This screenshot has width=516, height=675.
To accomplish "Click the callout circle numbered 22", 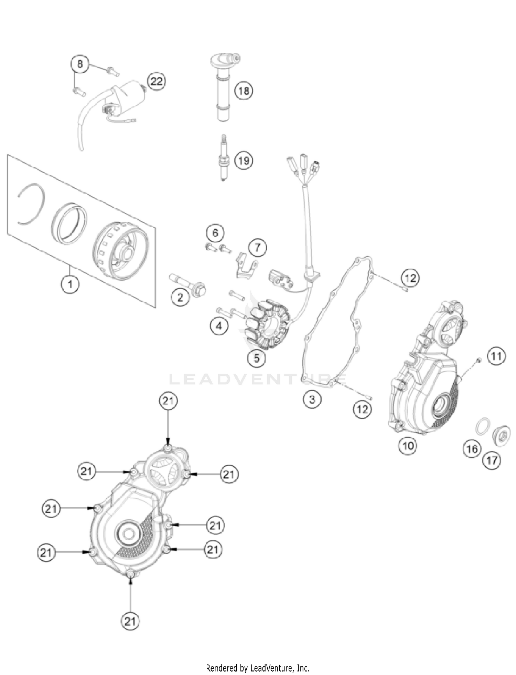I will (157, 82).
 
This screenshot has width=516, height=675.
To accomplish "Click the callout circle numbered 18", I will (244, 91).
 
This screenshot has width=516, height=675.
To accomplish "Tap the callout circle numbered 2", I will (180, 297).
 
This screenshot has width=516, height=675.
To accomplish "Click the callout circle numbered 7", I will (258, 247).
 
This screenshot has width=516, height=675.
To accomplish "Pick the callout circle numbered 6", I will (215, 233).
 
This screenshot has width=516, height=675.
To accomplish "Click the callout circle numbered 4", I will (219, 325).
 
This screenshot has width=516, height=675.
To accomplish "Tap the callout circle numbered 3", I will (312, 399).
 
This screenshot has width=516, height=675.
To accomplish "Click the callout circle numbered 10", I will (408, 446).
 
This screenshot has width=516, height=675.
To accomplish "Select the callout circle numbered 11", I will (496, 356).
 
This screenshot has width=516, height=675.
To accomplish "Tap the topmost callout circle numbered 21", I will (168, 401).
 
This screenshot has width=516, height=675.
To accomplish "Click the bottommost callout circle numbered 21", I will (130, 622).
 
